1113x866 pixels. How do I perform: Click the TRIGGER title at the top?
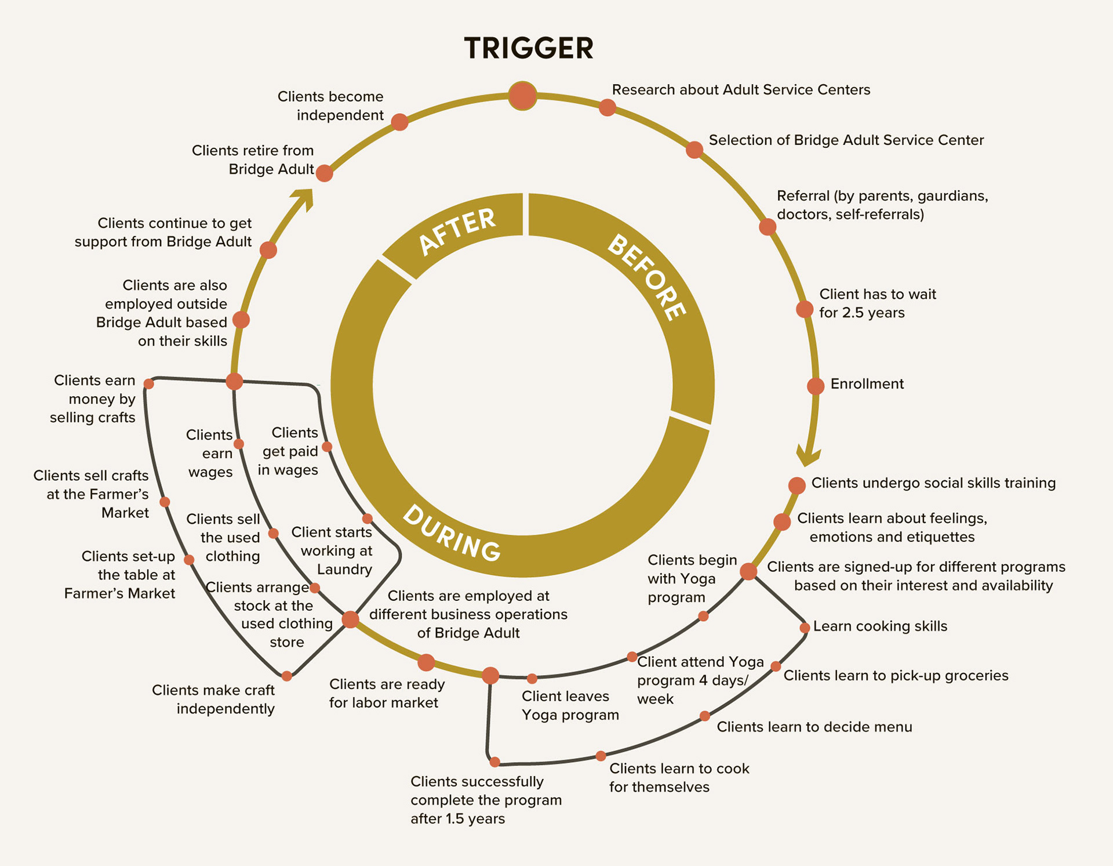coord(529,48)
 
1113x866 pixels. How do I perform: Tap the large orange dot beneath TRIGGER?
coord(522,96)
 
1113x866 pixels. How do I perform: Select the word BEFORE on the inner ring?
coord(647,277)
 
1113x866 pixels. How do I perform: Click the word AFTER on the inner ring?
coord(457,231)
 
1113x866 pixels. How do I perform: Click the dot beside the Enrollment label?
coord(816,386)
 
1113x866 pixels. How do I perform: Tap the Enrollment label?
coord(867,384)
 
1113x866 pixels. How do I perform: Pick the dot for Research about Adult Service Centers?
coord(607,107)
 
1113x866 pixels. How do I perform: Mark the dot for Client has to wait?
coord(805,309)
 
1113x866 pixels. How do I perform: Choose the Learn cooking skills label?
coord(880,626)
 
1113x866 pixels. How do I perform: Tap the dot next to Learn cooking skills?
coord(805,628)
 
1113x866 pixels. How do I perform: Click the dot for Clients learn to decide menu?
coord(705,716)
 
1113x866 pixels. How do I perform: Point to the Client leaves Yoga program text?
coord(570,705)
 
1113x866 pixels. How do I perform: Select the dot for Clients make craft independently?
coord(287,676)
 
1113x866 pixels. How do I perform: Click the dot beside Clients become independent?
coord(399,122)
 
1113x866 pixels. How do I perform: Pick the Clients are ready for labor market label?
coord(387,693)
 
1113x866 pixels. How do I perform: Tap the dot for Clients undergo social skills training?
coord(797,485)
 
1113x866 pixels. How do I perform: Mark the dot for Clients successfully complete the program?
coord(495,762)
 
